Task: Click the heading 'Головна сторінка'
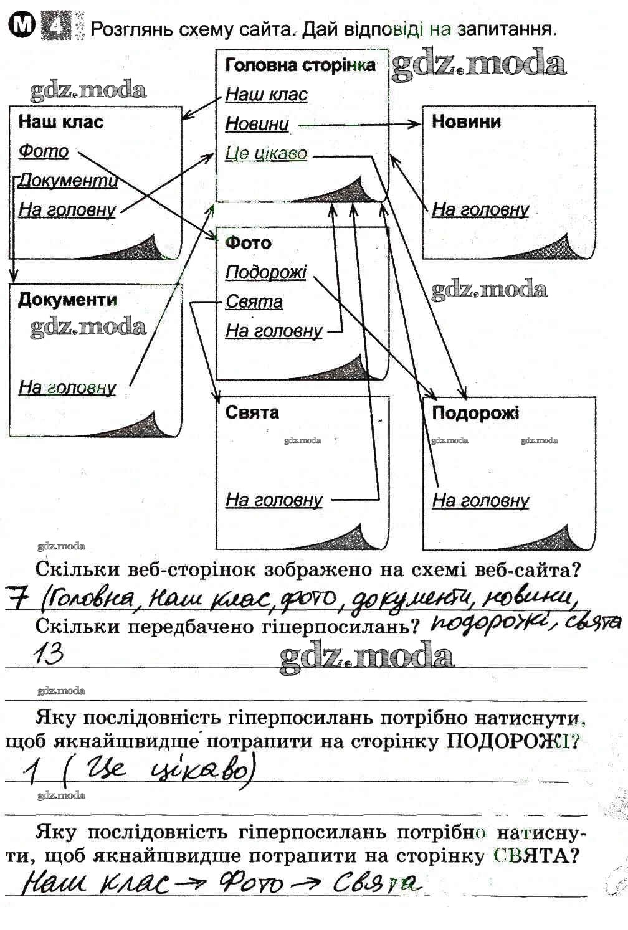click(300, 65)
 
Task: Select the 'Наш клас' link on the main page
click(266, 95)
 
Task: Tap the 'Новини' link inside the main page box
click(257, 124)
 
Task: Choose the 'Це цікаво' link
click(266, 153)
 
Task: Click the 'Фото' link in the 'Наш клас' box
click(43, 151)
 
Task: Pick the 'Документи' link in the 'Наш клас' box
click(68, 181)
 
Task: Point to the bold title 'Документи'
click(67, 300)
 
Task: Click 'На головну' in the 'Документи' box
click(67, 387)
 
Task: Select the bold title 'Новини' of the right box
click(466, 121)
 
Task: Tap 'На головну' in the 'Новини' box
click(480, 209)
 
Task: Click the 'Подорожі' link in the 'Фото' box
click(266, 273)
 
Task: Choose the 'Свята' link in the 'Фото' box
click(254, 302)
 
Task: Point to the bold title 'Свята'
click(252, 412)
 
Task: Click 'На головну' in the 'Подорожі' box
click(480, 500)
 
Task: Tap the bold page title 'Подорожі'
click(475, 412)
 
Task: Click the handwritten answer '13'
click(48, 654)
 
